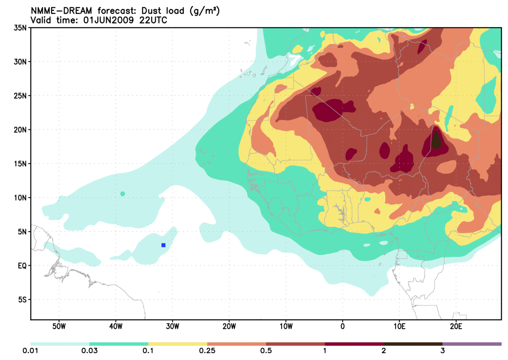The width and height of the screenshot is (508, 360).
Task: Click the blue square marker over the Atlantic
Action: [163, 245]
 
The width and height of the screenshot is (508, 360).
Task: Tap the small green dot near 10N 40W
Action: [122, 194]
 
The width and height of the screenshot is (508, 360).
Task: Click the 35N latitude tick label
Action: [20, 28]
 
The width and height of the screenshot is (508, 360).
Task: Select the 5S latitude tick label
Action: [22, 299]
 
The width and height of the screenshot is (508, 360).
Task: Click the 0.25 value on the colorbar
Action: [207, 351]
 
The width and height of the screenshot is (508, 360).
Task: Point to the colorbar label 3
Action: [442, 351]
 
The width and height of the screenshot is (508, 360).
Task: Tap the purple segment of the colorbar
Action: [472, 344]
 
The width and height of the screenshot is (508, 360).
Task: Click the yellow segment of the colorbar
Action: [177, 344]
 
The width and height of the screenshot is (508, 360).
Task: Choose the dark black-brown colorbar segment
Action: [413, 344]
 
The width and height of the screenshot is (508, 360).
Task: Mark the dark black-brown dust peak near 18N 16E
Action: [436, 141]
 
